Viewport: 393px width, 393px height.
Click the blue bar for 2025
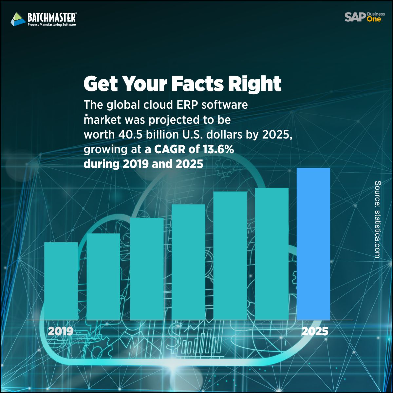[313, 244]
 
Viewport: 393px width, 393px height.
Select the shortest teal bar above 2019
[61, 281]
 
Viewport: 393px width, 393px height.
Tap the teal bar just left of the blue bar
[271, 254]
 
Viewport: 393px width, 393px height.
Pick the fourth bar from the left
[188, 262]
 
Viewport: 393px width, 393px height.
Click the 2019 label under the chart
[61, 331]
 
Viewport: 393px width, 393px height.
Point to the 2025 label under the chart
[314, 331]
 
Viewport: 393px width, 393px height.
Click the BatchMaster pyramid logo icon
[18, 19]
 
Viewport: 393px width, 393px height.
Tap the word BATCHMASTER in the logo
[52, 17]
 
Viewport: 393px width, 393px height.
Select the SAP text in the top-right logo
[355, 17]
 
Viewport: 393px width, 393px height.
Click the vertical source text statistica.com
[377, 219]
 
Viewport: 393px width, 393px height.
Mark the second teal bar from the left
[103, 276]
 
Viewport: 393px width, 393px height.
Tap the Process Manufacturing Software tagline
[52, 25]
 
